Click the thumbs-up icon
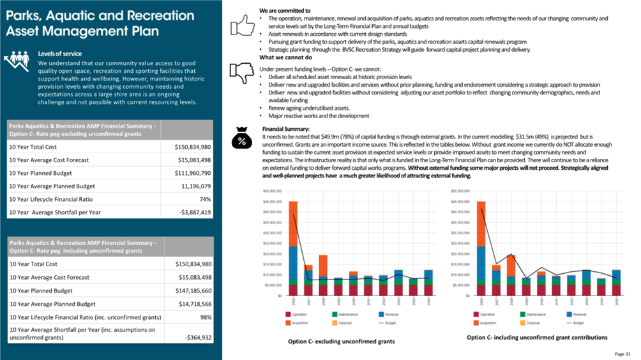[x=242, y=26]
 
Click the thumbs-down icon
[x=242, y=73]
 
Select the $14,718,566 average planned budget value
[x=204, y=304]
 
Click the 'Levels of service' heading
[x=60, y=54]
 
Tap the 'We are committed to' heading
[x=285, y=11]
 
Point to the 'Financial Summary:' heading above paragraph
[x=285, y=129]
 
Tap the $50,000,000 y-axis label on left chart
[x=273, y=191]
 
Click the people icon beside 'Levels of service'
[x=19, y=61]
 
